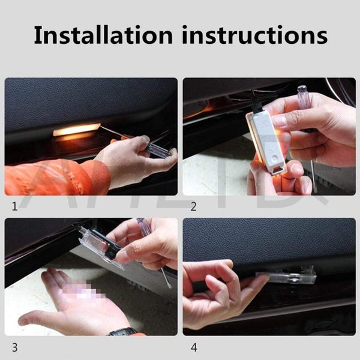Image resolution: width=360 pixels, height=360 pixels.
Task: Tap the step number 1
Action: point(14,207)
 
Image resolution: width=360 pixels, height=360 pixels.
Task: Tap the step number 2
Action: point(193,207)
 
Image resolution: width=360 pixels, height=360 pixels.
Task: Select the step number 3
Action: point(14,347)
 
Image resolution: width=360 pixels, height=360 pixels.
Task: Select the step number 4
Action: point(193,347)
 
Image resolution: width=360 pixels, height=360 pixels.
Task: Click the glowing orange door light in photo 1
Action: point(76,130)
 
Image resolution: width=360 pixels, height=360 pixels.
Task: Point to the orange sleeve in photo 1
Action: point(54,177)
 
